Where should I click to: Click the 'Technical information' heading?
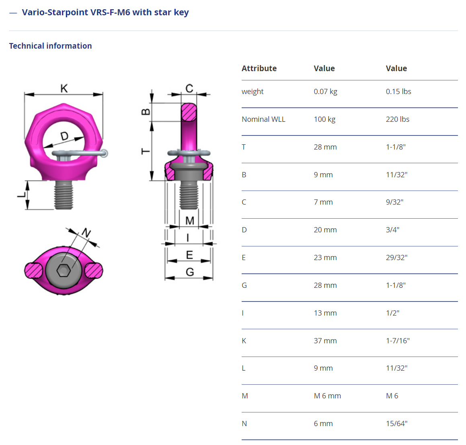coord(51,46)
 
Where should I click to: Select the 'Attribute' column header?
coord(259,68)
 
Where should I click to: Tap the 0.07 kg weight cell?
coord(325,92)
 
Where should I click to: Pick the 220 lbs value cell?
coord(397,119)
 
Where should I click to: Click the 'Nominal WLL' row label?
coord(263,119)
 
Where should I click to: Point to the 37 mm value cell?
coord(325,341)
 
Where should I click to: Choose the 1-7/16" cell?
coord(398,341)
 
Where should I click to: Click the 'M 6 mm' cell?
coord(327,396)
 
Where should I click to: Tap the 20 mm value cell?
coord(325,230)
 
